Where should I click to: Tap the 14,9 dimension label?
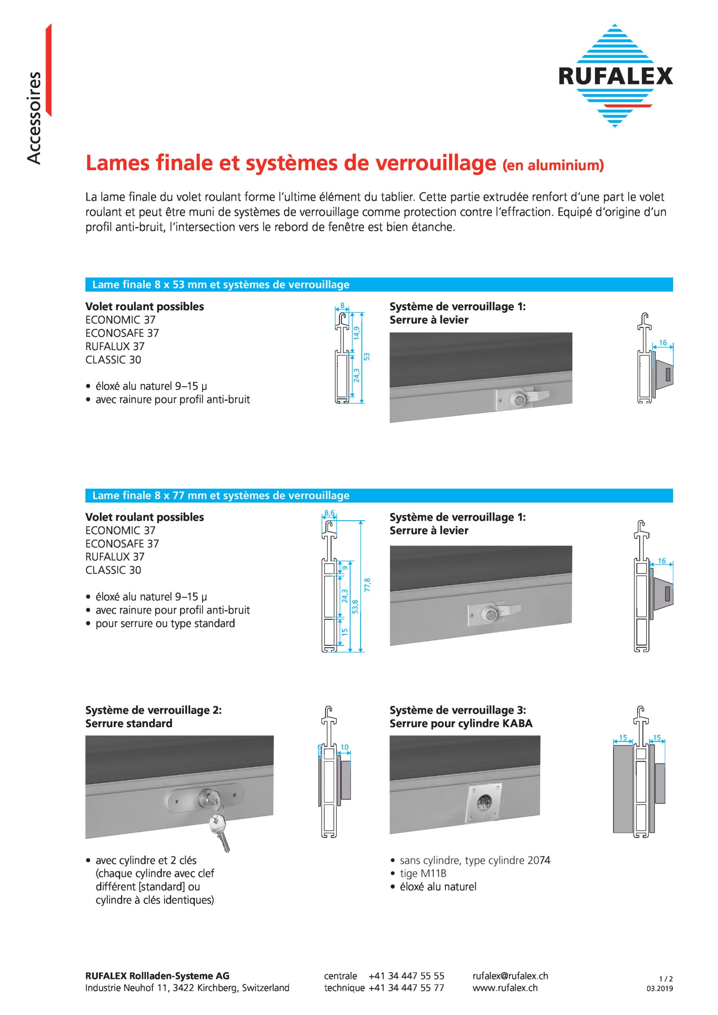point(357,332)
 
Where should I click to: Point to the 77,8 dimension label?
point(367,584)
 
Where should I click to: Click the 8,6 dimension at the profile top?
point(329,513)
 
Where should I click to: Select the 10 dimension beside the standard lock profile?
point(344,747)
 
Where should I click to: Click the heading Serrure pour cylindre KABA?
point(461,723)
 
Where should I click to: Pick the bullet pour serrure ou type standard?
point(165,623)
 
